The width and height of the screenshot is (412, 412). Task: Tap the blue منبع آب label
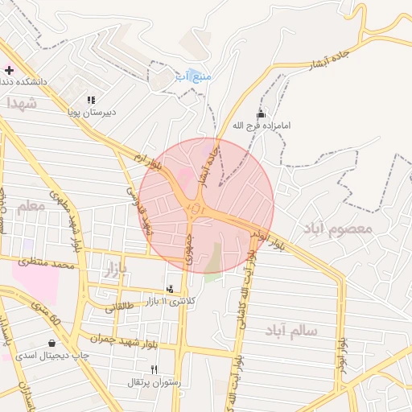pyautogui.click(x=193, y=76)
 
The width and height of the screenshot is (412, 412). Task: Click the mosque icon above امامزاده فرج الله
pyautogui.click(x=260, y=113)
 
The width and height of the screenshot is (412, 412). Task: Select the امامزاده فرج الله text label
pyautogui.click(x=260, y=126)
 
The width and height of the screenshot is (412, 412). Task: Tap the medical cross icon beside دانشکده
pyautogui.click(x=9, y=70)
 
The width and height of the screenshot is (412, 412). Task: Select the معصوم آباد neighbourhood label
pyautogui.click(x=338, y=229)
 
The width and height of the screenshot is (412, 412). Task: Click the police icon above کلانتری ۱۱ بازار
pyautogui.click(x=169, y=288)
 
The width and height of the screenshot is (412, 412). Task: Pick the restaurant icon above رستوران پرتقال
pyautogui.click(x=154, y=369)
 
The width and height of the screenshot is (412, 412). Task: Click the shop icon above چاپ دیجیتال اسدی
pyautogui.click(x=52, y=343)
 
